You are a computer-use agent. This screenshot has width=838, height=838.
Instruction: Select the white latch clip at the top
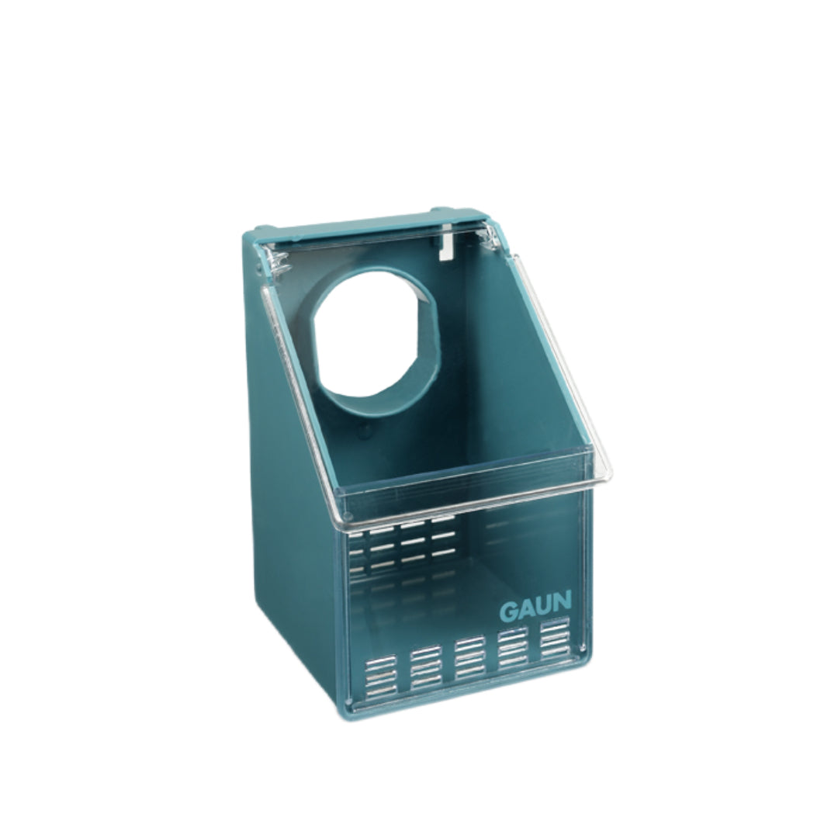click(x=445, y=243)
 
